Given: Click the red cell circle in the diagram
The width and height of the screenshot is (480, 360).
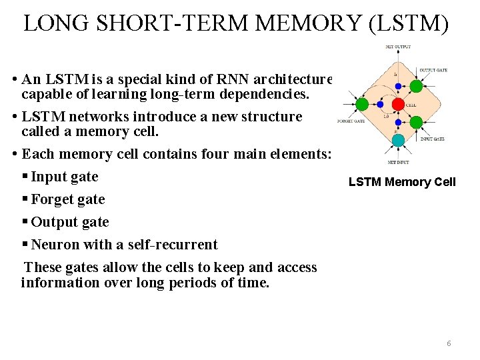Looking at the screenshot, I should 398,105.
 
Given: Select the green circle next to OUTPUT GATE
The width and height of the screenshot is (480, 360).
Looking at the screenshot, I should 416,86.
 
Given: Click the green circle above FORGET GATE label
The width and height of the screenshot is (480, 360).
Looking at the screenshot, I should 362,104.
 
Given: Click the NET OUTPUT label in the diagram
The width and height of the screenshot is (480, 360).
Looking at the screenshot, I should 398,47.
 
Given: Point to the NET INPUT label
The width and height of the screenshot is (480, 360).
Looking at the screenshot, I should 398,162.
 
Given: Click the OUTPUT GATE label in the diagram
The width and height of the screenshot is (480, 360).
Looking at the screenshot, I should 433,70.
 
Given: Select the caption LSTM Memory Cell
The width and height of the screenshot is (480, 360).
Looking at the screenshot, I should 402,182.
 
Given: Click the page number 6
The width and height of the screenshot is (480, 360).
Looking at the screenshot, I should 449,343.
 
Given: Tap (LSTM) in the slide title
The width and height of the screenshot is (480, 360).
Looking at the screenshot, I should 407,23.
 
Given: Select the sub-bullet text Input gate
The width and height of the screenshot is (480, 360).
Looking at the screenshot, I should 65,177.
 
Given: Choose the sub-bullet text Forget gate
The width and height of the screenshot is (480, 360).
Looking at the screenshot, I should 68,199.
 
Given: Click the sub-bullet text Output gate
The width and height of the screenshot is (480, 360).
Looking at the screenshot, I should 70,222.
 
